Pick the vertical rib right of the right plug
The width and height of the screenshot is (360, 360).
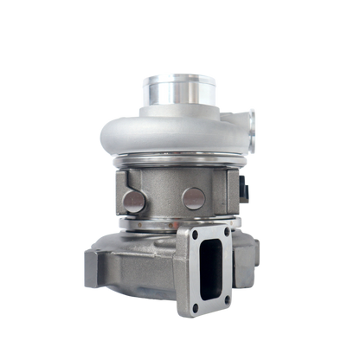[x=208, y=199]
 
